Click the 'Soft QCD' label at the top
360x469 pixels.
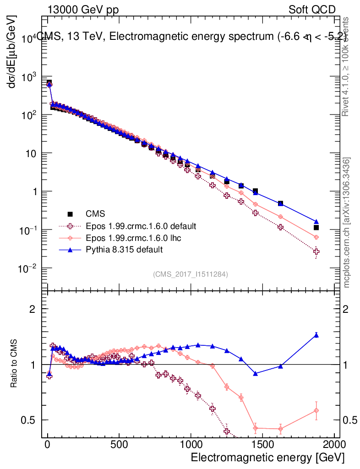(312, 10)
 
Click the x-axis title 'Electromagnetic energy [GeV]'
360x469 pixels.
(267, 458)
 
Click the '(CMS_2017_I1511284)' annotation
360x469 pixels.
(191, 274)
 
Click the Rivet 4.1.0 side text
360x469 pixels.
(347, 66)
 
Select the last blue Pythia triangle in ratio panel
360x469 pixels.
(316, 335)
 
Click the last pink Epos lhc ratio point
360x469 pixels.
(316, 410)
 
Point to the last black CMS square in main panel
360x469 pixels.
(316, 227)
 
